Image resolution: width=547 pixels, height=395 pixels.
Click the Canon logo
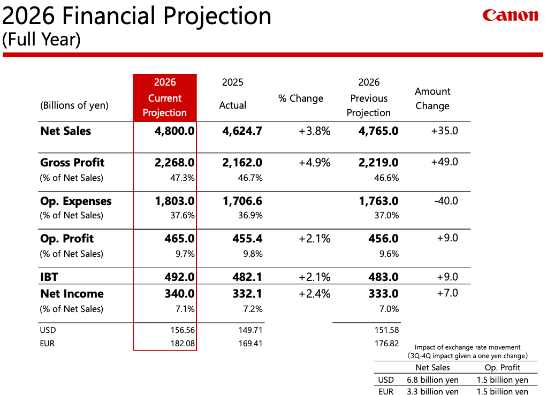[510, 15]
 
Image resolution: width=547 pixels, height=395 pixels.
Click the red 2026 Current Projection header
[165, 98]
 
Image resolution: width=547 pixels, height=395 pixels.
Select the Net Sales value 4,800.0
[174, 131]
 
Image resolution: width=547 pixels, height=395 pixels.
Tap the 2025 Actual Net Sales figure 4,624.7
[242, 131]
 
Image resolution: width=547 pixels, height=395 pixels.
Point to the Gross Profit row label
[72, 162]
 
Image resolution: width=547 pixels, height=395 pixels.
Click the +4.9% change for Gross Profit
[314, 162]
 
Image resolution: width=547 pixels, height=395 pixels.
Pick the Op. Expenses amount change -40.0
[446, 201]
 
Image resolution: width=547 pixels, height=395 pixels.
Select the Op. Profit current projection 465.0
[179, 238]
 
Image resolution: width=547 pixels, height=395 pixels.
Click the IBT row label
[49, 277]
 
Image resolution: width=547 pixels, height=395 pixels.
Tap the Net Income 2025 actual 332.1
[247, 293]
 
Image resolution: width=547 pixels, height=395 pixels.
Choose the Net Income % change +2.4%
[314, 293]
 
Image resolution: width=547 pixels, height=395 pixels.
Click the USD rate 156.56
[183, 330]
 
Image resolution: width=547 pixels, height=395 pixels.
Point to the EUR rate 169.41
[250, 344]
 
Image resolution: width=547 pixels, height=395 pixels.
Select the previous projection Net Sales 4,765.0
[378, 131]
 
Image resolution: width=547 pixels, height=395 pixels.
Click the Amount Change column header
[432, 98]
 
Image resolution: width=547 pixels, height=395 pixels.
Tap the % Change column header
[301, 98]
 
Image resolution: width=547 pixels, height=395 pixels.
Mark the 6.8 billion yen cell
[432, 379]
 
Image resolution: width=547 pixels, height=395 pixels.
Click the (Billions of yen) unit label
[74, 105]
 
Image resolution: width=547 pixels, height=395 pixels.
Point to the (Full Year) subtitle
[41, 39]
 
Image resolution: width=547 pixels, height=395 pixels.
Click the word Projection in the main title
[217, 17]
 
